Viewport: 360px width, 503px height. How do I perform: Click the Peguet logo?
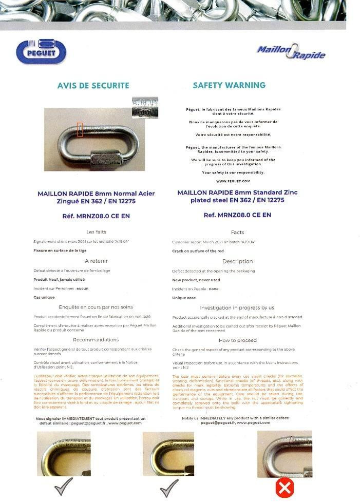[x=41, y=51]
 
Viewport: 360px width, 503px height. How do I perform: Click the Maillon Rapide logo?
[x=291, y=51]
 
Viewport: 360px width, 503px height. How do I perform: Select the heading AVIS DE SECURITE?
[x=93, y=86]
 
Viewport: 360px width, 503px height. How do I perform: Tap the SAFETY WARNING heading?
[x=229, y=85]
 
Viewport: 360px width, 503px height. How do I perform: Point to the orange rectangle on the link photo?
[x=80, y=129]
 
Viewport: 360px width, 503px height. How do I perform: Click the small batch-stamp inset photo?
[x=145, y=108]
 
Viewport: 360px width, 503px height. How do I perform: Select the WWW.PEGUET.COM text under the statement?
[x=233, y=181]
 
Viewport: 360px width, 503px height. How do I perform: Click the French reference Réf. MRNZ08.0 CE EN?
[x=96, y=216]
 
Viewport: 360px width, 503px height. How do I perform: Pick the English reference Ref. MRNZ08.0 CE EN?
[x=237, y=215]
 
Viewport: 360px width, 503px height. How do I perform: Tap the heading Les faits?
[x=97, y=232]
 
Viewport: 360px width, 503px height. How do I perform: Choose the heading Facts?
[x=237, y=233]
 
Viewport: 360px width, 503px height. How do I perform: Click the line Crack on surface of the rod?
[x=198, y=251]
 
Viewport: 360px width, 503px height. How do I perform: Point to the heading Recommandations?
[x=96, y=340]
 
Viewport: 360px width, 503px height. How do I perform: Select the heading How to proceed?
[x=237, y=340]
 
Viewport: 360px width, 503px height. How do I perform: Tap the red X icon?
[x=285, y=488]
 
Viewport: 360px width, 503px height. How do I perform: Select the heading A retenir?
[x=97, y=261]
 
